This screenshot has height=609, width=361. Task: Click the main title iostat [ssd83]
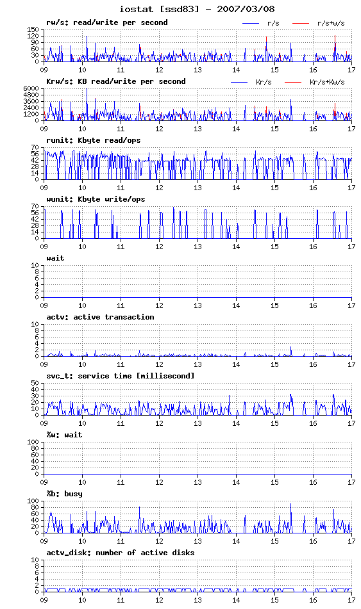(x=159, y=8)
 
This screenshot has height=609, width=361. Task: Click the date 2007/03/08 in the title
(x=246, y=8)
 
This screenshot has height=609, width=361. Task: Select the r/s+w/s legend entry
(x=331, y=23)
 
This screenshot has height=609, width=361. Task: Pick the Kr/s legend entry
(x=264, y=83)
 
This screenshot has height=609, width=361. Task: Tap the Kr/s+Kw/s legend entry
(x=327, y=83)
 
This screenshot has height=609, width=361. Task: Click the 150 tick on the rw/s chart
(x=33, y=29)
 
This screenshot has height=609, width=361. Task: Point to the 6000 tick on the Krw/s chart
(x=31, y=88)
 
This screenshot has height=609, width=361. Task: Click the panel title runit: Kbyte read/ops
(x=94, y=141)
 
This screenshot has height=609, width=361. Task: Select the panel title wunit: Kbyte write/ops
(x=96, y=200)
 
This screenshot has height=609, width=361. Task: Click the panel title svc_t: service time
(x=99, y=376)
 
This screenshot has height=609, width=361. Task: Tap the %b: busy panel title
(x=64, y=494)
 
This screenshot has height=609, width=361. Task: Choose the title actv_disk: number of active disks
(x=120, y=553)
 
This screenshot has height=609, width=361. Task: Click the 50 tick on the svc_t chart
(x=35, y=383)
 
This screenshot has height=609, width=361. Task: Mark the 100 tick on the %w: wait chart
(x=33, y=442)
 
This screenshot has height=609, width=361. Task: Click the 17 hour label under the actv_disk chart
(x=351, y=600)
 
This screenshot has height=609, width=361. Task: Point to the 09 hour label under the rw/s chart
(x=44, y=70)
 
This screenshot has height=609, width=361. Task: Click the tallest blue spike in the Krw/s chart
(x=87, y=89)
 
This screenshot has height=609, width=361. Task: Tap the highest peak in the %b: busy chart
(x=290, y=504)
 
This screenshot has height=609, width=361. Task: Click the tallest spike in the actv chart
(x=290, y=347)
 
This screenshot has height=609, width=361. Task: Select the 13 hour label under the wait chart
(x=197, y=305)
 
